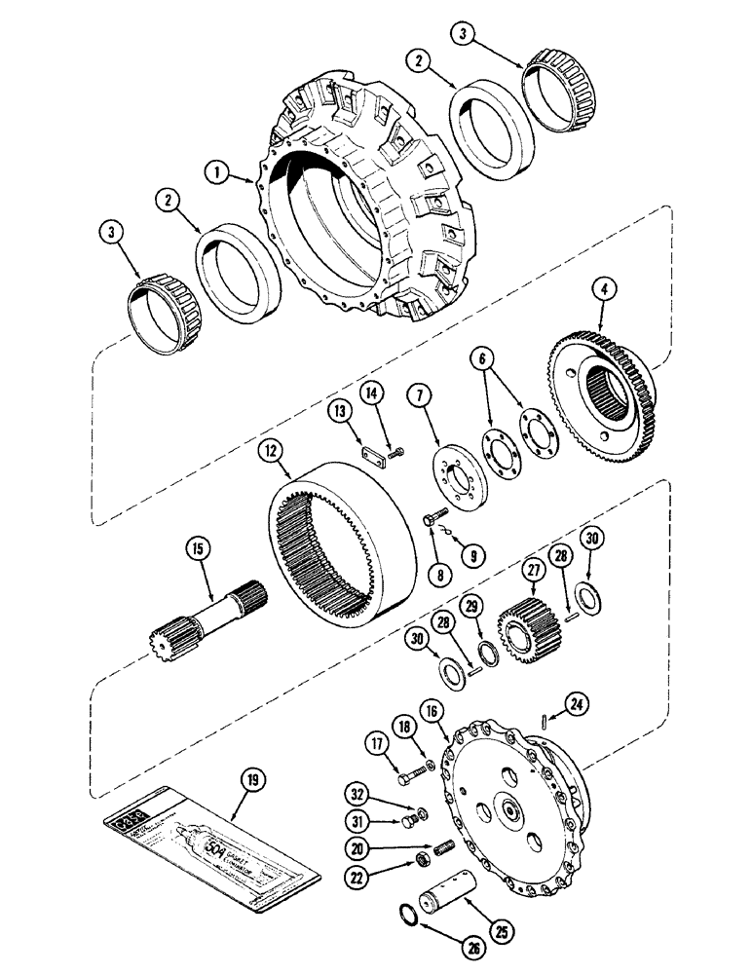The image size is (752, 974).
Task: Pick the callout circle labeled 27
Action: point(533,569)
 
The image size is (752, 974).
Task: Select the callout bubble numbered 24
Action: point(551,699)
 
